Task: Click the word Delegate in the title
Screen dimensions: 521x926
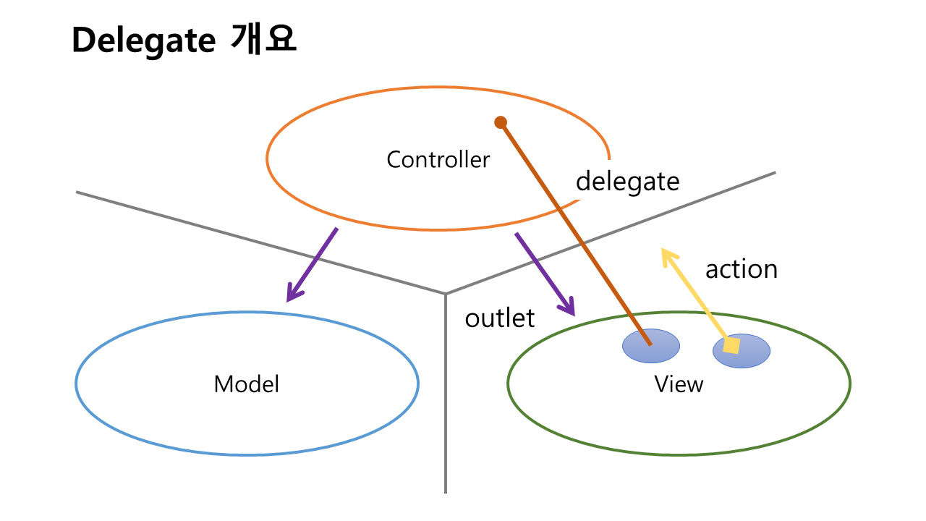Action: click(143, 41)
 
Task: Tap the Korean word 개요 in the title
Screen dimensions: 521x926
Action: click(264, 40)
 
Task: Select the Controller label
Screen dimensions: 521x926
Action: click(438, 159)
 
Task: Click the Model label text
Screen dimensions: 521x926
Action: click(246, 384)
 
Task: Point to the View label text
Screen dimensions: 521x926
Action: click(679, 384)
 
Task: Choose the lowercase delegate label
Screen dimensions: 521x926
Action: click(627, 181)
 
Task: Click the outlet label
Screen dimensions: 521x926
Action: click(500, 318)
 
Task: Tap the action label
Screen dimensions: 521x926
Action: click(741, 269)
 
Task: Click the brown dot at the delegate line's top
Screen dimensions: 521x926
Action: click(500, 122)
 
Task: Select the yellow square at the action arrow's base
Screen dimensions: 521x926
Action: click(732, 346)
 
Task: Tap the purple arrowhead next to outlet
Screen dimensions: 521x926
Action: click(567, 307)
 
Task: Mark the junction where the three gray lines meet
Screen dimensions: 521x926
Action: click(445, 294)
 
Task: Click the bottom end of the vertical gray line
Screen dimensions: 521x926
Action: click(445, 492)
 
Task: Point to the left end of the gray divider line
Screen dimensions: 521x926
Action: click(77, 192)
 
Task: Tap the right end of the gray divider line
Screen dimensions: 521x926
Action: click(775, 172)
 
